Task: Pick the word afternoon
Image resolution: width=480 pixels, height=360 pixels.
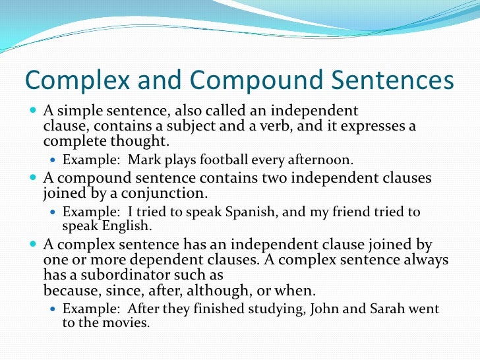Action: click(322, 160)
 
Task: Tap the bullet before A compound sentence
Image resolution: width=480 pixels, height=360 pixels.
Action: click(34, 178)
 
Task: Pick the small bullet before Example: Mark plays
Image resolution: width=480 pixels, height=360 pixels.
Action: click(54, 160)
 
